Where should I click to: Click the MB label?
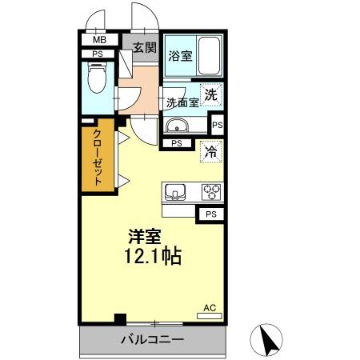pos(99,40)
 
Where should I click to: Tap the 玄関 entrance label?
pos(144,47)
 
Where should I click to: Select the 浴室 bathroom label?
pos(180,55)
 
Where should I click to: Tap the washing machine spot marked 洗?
pos(210,94)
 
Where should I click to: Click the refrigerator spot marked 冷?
pos(211,150)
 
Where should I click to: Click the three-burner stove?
pos(211,192)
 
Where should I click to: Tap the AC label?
pos(210,307)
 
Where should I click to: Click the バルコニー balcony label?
pos(152,339)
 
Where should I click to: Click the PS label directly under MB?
pos(98,54)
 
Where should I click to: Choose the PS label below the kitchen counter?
pos(210,214)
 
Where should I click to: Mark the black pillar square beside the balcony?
pos(120,318)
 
